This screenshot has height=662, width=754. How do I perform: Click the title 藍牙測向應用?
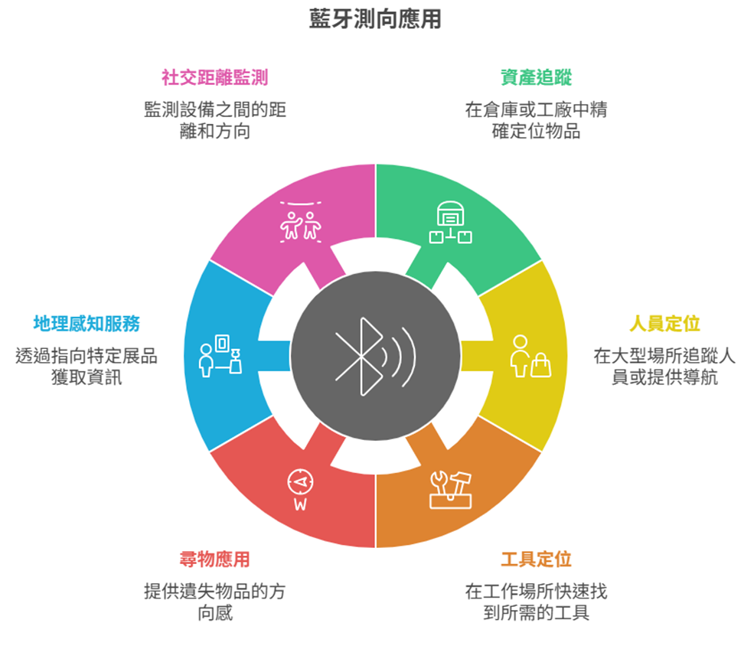(x=375, y=19)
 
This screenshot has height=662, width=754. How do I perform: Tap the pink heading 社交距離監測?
(x=214, y=77)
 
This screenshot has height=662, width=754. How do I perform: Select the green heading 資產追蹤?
(x=536, y=77)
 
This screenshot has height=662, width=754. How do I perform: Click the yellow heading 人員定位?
(x=664, y=324)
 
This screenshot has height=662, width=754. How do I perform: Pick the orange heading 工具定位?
(x=536, y=559)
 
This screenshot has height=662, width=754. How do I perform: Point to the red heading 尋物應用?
(x=214, y=559)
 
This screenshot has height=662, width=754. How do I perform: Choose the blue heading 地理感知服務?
(x=86, y=324)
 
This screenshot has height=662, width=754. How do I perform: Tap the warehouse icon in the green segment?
(x=451, y=222)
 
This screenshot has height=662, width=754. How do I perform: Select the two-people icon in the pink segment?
(x=301, y=222)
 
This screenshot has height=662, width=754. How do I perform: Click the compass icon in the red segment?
(x=301, y=481)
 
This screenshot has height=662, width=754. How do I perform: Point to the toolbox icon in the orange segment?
(x=451, y=490)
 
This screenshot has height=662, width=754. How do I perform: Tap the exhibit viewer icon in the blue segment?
(x=220, y=356)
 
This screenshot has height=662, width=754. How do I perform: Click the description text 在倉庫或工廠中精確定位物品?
(x=536, y=120)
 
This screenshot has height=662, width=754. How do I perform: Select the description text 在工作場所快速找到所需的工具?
(x=536, y=602)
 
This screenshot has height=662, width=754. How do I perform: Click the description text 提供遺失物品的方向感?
(x=214, y=602)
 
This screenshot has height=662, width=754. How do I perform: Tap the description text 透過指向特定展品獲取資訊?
(x=86, y=367)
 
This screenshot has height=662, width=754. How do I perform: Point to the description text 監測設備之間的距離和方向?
(x=214, y=120)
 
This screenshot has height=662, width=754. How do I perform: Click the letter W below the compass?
(x=301, y=505)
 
